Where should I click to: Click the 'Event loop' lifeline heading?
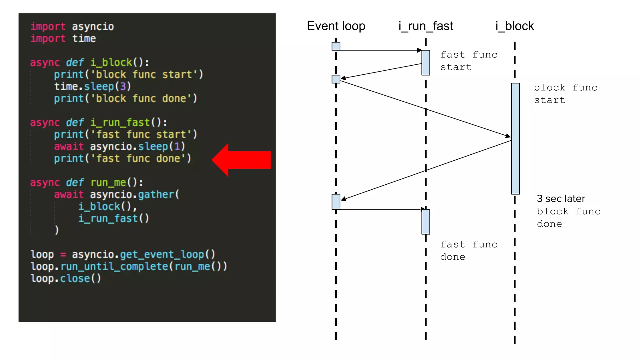click(x=336, y=26)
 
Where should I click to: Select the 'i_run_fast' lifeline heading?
click(x=426, y=26)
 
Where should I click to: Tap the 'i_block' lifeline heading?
click(x=515, y=26)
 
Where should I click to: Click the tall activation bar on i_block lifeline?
click(x=515, y=138)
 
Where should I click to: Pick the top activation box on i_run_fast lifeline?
click(x=426, y=62)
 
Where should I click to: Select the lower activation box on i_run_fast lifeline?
click(x=426, y=222)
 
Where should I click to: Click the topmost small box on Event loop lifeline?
click(x=336, y=46)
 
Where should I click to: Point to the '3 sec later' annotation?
click(x=561, y=199)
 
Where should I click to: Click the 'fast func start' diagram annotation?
click(x=468, y=61)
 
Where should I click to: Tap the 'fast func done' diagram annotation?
click(x=468, y=251)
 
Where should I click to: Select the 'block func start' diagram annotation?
click(x=565, y=94)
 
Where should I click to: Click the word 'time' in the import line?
click(x=84, y=38)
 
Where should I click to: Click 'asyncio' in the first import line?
click(x=93, y=27)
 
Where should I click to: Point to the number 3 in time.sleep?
click(x=123, y=86)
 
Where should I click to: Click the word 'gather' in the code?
click(x=156, y=194)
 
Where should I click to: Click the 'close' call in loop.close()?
click(x=75, y=278)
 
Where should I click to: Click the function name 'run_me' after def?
click(x=108, y=182)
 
